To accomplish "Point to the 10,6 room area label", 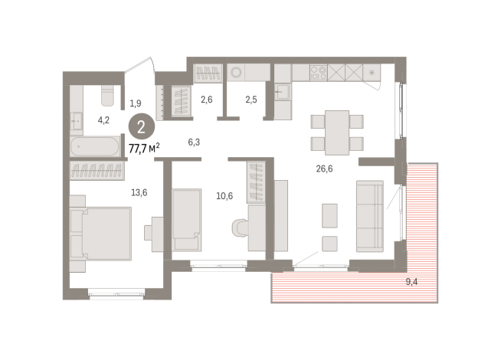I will pyautogui.click(x=224, y=195).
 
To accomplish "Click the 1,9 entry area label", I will pyautogui.click(x=136, y=103).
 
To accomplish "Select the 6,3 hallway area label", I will pyautogui.click(x=194, y=142).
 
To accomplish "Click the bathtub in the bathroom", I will pyautogui.click(x=96, y=146).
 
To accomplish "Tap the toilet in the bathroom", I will pyautogui.click(x=107, y=94).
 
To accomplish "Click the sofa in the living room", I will pyautogui.click(x=371, y=215).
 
